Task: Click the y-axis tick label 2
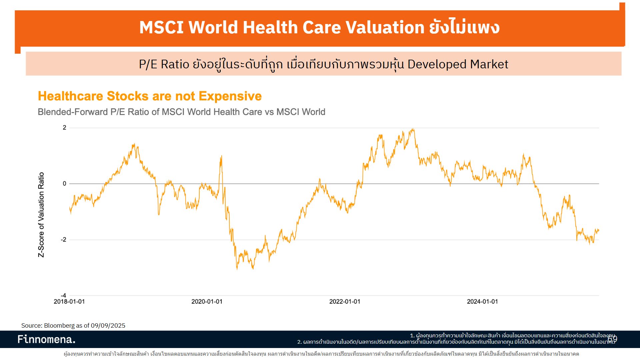point(64,128)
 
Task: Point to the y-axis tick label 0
point(64,184)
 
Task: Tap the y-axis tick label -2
point(63,240)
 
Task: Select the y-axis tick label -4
point(63,295)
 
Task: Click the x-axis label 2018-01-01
point(69,302)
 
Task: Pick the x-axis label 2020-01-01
point(207,302)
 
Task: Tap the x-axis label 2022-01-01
point(345,302)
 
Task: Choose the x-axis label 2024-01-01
point(482,302)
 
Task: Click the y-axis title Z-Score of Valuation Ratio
point(41,215)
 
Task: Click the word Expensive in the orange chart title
point(230,96)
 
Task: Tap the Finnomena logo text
point(46,339)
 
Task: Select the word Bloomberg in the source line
point(59,326)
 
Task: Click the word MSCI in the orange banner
point(161,27)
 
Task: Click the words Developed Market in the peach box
point(458,64)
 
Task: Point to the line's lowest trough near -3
point(237,269)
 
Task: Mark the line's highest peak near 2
point(413,129)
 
